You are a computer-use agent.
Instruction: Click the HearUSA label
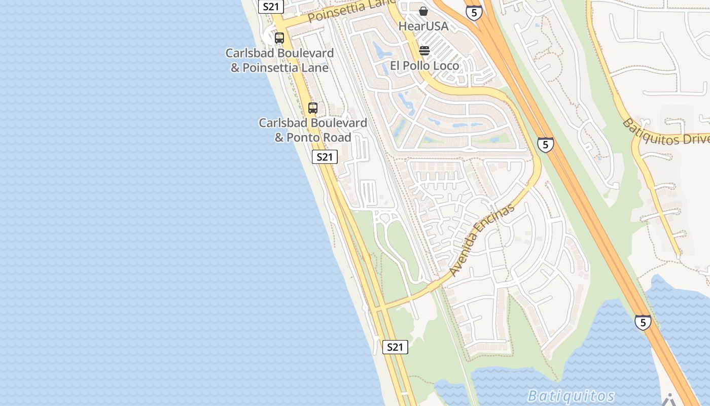click(423, 26)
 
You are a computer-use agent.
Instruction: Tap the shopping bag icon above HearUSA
click(423, 11)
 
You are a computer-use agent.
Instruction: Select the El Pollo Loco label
click(424, 65)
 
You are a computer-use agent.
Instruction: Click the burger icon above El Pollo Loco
click(424, 51)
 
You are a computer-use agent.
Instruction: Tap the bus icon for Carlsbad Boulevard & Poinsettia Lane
click(279, 38)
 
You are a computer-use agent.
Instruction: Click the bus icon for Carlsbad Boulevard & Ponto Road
click(313, 108)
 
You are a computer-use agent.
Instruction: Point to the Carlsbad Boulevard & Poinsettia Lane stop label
click(279, 60)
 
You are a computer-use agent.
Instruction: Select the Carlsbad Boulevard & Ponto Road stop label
click(313, 130)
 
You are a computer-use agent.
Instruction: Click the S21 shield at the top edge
click(271, 7)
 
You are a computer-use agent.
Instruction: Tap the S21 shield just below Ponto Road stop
click(325, 157)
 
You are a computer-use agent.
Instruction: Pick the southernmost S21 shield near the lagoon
click(395, 347)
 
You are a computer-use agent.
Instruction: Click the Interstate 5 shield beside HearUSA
click(474, 12)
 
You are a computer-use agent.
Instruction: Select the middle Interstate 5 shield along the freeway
click(546, 145)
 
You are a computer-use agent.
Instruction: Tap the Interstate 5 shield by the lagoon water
click(643, 322)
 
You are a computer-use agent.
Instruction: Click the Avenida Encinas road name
click(482, 240)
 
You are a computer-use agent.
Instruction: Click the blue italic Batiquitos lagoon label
click(571, 396)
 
